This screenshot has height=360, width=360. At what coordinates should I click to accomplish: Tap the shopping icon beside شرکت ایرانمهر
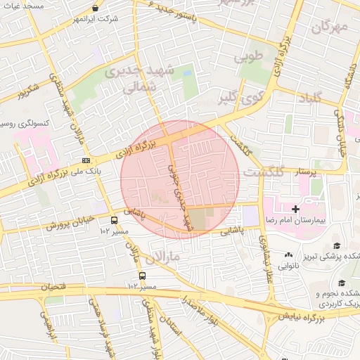(95, 8)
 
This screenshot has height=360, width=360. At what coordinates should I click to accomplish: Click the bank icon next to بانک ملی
(86, 161)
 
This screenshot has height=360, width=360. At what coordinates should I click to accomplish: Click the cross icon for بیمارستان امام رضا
(296, 209)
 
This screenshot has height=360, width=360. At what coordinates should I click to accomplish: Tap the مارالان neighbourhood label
(166, 257)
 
